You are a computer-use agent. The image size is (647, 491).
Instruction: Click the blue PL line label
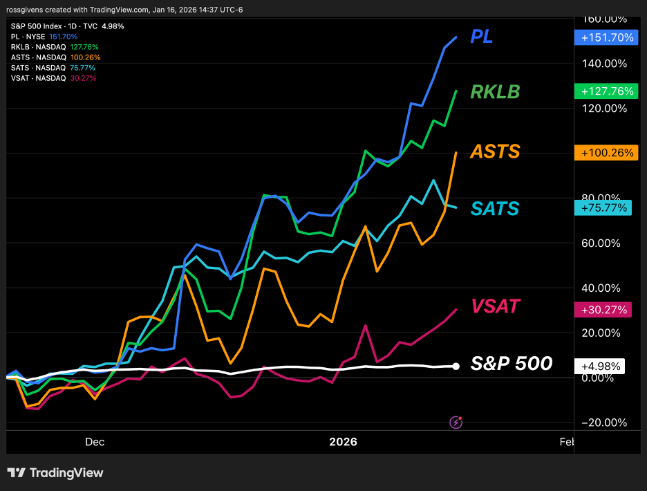481,37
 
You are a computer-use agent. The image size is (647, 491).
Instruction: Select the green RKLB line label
495,92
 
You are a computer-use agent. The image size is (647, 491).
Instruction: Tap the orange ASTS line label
495,151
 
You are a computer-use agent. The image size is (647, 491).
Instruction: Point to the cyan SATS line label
495,207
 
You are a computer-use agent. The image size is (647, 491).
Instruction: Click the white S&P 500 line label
512,363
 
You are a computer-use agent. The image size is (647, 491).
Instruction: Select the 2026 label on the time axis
344,442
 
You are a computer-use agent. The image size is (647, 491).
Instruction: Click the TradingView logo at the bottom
55,473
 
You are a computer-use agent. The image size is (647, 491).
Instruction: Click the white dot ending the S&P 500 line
456,366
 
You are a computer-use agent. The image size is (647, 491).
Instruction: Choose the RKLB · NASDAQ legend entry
39,47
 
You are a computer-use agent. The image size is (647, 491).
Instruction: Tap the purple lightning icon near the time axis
456,421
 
